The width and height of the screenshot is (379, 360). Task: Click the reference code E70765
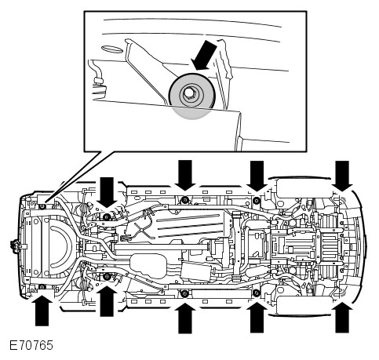31,345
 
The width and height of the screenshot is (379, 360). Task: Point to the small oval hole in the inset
111,49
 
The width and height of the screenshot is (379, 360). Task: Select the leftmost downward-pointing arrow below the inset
107,192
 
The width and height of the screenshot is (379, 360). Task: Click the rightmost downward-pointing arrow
342,176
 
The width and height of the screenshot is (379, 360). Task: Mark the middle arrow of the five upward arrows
185,318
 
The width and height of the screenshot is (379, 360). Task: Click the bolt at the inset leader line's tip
42,206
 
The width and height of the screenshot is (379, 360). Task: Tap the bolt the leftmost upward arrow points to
42,287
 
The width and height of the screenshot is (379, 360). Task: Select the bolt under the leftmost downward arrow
107,217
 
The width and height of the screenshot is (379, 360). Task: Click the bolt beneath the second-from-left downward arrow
185,200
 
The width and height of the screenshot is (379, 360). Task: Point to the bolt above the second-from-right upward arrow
257,293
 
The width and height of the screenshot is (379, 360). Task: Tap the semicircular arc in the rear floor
60,246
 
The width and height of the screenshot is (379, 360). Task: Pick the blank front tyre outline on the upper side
304,188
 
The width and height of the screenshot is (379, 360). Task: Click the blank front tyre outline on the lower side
304,306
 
